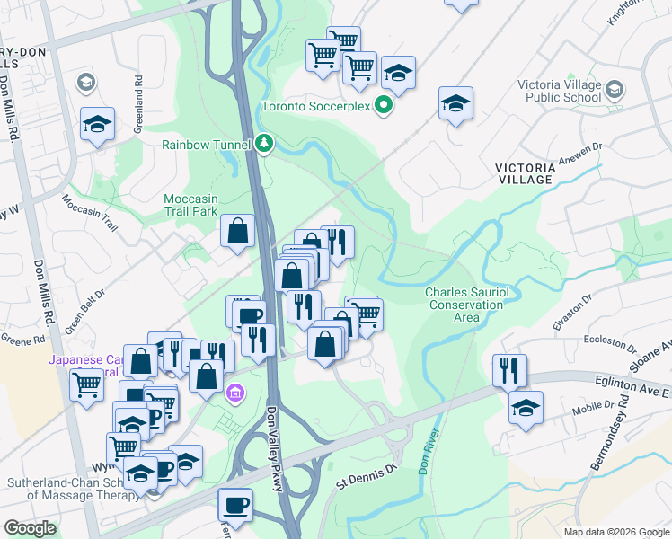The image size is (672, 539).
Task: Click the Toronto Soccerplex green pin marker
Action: point(384,107)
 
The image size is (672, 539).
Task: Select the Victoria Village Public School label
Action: point(559,91)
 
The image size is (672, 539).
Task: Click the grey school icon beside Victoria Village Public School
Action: point(615,89)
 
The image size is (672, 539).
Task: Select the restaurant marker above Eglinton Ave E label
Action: point(509,369)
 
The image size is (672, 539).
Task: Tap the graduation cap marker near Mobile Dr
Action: point(526,407)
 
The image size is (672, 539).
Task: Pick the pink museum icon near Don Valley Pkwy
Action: point(236,393)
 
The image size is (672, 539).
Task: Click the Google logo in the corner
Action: point(30,527)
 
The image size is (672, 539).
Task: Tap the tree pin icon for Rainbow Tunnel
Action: point(263,143)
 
